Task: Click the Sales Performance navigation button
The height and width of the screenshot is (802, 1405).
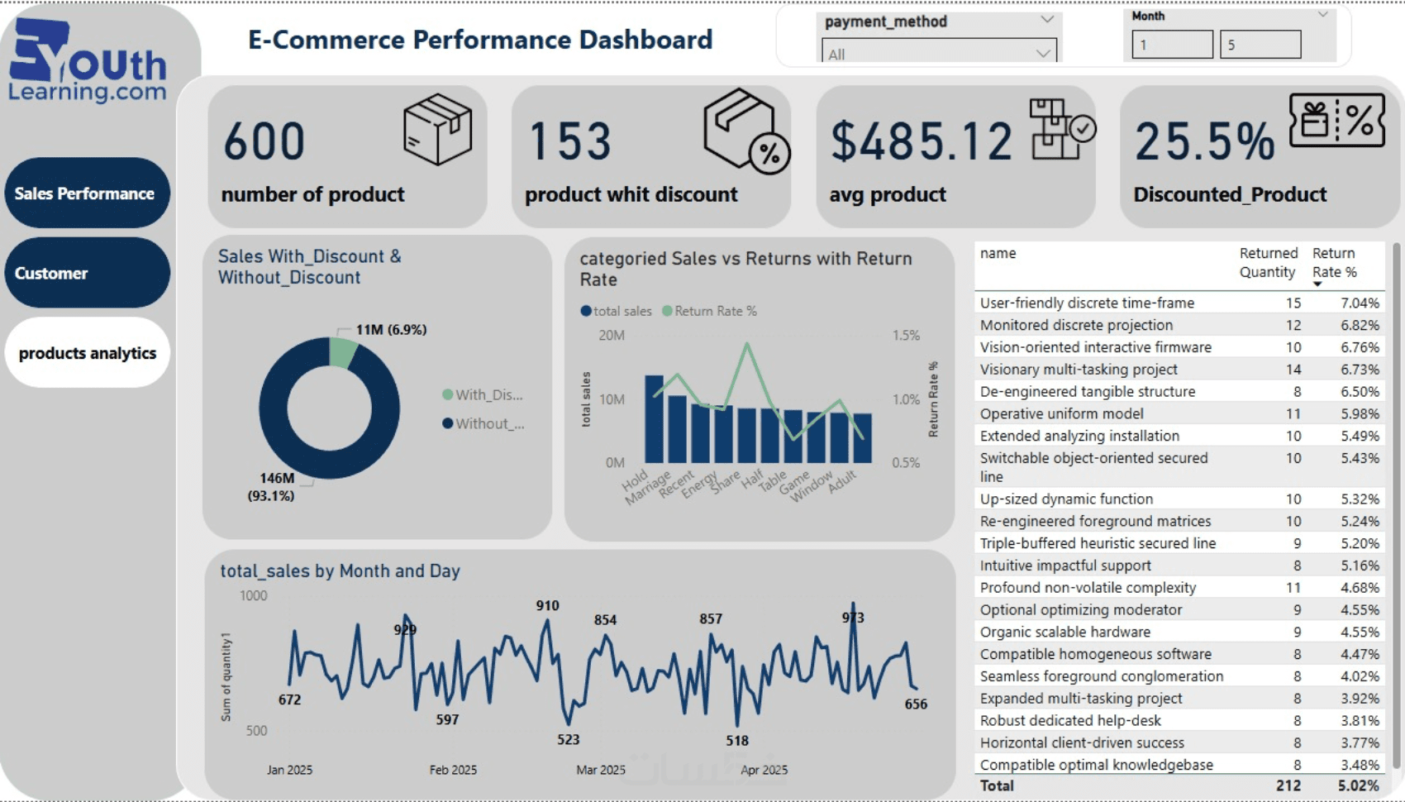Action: coord(87,193)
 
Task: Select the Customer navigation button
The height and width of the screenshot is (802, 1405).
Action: coord(87,273)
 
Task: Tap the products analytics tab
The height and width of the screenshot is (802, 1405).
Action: coord(87,353)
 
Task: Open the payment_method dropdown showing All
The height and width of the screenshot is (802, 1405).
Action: coord(939,54)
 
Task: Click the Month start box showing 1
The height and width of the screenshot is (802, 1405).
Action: coord(1172,45)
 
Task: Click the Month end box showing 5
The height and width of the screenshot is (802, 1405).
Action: coord(1260,45)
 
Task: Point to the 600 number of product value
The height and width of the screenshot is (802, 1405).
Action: coord(264,141)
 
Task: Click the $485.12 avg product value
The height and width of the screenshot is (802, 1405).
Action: coord(921,141)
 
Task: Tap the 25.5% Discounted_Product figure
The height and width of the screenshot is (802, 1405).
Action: coord(1204,141)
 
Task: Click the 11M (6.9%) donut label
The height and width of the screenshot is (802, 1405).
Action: coord(391,330)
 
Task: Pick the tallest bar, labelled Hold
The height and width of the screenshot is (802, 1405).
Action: coord(654,418)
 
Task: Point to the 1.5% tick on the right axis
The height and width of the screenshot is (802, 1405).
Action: coord(906,336)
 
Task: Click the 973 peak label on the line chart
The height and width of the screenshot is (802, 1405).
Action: coord(853,618)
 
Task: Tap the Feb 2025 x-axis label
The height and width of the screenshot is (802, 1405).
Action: coord(453,770)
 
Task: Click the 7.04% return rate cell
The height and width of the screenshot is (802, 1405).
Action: coord(1360,303)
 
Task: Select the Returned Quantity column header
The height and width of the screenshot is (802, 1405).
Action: coord(1268,262)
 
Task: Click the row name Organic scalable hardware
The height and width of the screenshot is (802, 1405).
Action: coord(1064,632)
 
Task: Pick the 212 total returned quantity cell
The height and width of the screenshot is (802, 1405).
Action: coord(1288,785)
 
